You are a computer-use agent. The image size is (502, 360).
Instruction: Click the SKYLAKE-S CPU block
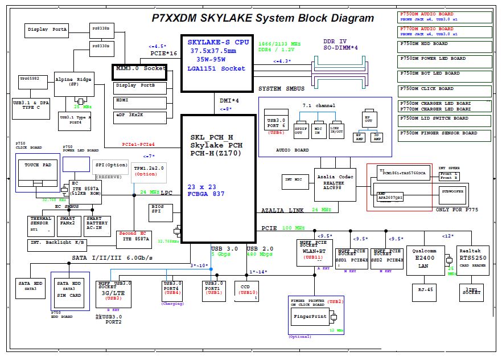pyautogui.click(x=216, y=63)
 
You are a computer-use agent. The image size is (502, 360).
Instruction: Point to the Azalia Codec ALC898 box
pyautogui.click(x=335, y=184)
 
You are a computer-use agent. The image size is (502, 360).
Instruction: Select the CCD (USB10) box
pyautogui.click(x=246, y=291)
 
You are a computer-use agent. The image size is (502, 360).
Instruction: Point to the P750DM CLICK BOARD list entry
pyautogui.click(x=445, y=89)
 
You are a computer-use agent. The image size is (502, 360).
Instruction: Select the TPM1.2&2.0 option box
pyautogui.click(x=146, y=171)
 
